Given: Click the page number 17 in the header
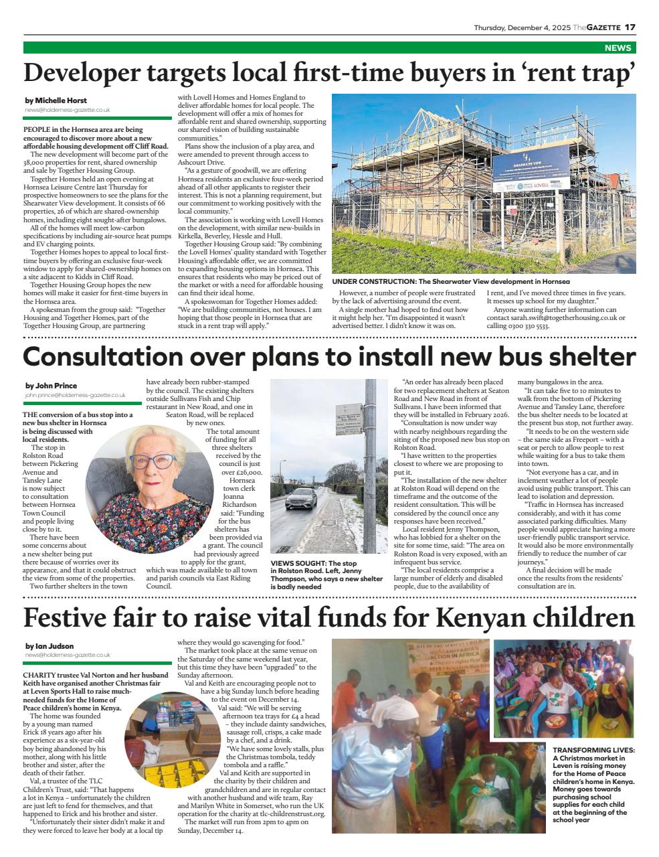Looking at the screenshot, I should coord(630,27).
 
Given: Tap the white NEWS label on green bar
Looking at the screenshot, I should coord(617,48).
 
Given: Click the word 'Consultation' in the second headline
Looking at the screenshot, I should coord(103,356).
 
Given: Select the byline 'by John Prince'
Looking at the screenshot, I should coord(51,386).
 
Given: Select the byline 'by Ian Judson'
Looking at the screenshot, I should coord(50,646).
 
